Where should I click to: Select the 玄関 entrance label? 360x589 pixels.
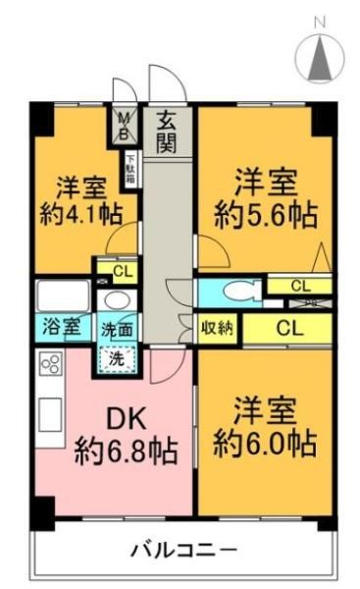point(167,132)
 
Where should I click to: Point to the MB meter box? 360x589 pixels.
point(125,125)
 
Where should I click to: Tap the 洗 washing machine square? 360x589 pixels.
point(116,358)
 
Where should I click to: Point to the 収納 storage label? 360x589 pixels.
point(218,328)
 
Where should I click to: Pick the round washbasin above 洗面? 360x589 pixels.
point(117,300)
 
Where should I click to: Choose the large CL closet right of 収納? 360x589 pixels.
point(288,328)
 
